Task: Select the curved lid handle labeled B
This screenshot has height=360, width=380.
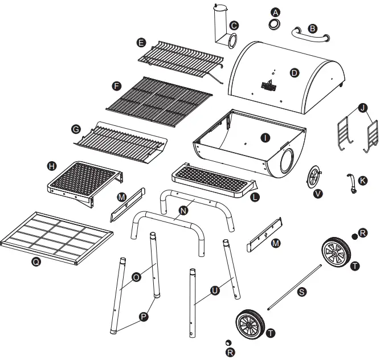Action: (x=310, y=35)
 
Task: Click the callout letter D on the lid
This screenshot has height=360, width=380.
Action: (x=295, y=72)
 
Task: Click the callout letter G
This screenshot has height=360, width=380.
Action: (x=75, y=130)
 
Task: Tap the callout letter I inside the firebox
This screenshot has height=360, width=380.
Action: (x=264, y=137)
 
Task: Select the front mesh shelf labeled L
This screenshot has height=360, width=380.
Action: (x=214, y=179)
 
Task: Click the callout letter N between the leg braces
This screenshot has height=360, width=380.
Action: (x=183, y=210)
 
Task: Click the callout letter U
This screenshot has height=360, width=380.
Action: (x=215, y=291)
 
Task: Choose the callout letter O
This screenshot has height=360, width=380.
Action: (x=136, y=277)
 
